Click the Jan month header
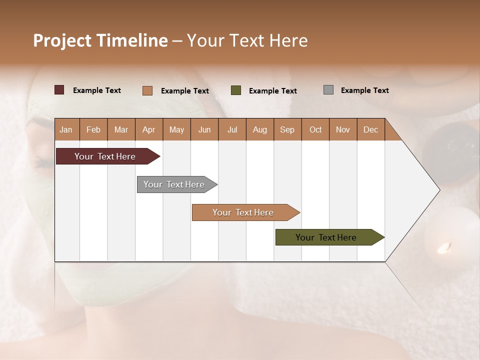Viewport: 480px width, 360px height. tap(66, 130)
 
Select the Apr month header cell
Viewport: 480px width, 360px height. tap(148, 130)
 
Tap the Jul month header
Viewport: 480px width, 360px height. tap(232, 130)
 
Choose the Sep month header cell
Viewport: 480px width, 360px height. tap(287, 130)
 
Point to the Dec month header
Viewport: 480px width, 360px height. tap(370, 130)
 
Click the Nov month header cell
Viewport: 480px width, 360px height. tap(342, 130)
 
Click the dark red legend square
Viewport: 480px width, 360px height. tap(59, 90)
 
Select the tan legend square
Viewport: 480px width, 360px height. tap(147, 90)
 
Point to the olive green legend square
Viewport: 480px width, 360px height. tap(236, 90)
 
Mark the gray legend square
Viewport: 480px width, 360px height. tap(328, 90)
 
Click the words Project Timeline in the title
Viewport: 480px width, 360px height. tap(100, 40)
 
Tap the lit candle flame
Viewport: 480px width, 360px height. tap(444, 247)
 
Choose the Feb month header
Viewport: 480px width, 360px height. tap(93, 130)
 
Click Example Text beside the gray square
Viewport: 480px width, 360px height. tap(364, 90)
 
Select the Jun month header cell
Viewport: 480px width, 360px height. tap(204, 130)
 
